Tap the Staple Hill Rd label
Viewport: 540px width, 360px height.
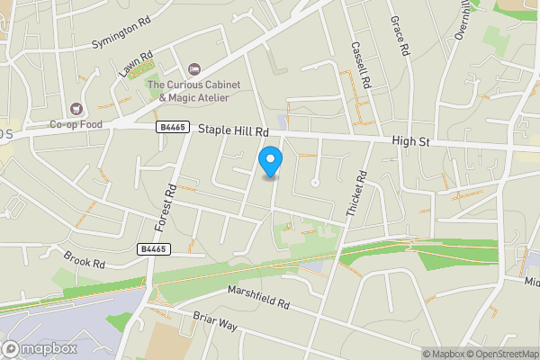click(234, 130)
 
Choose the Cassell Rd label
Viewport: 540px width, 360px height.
click(361, 64)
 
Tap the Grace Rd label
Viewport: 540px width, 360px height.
click(399, 37)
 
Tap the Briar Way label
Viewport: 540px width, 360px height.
click(214, 321)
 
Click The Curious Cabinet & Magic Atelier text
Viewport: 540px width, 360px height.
click(194, 91)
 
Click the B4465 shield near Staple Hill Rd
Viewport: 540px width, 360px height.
click(172, 128)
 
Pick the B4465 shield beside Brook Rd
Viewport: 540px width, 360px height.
click(153, 248)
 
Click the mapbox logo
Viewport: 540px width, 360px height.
click(40, 348)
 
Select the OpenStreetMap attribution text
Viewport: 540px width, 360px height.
click(498, 353)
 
